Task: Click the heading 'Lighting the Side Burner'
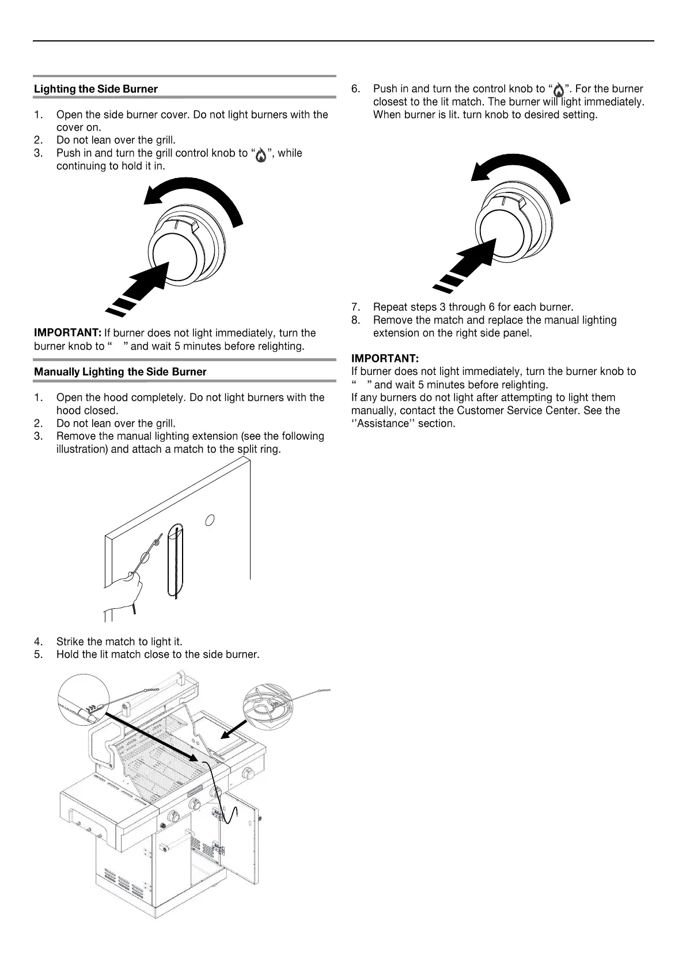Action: click(96, 89)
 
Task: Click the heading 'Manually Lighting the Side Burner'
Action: click(120, 372)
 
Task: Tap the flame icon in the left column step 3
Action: click(261, 155)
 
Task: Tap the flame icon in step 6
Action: click(558, 90)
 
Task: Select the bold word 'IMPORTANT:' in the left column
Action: click(68, 333)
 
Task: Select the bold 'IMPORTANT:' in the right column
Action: click(385, 359)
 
